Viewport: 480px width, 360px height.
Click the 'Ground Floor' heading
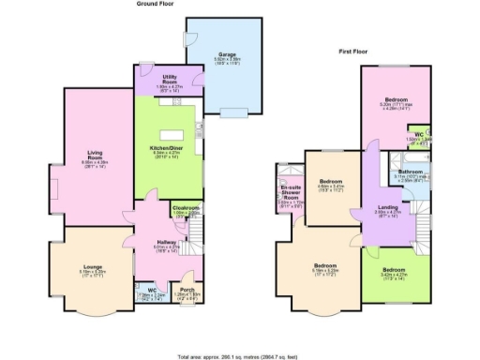[156, 5]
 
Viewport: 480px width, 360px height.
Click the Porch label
[187, 289]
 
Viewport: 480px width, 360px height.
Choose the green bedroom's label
[397, 271]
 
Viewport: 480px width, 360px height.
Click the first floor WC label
[422, 135]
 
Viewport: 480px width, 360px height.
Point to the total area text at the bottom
[239, 356]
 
